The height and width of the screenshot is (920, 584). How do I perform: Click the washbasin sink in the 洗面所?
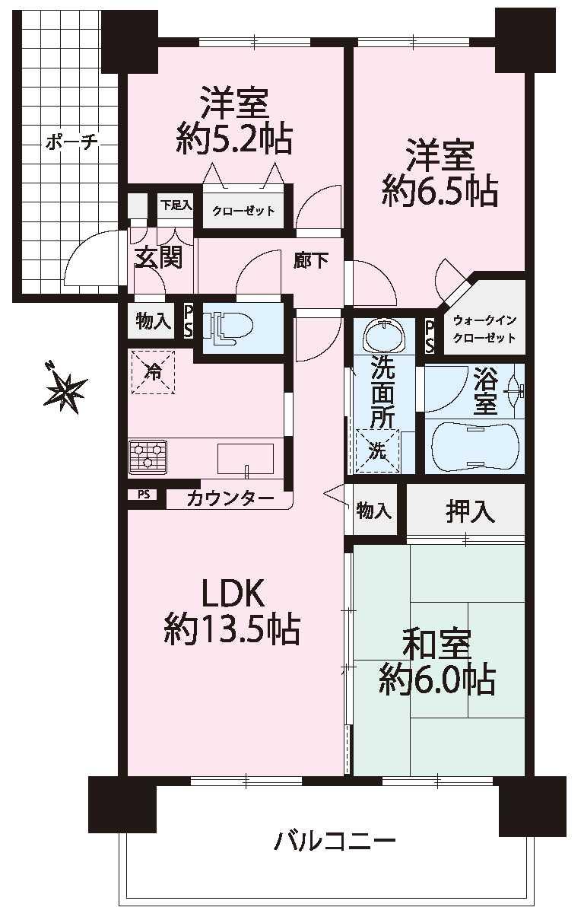pyautogui.click(x=384, y=335)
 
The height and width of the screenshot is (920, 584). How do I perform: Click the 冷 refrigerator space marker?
pyautogui.click(x=153, y=373)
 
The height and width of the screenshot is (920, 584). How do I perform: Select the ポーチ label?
pyautogui.click(x=70, y=142)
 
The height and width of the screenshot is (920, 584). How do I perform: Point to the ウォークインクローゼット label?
pyautogui.click(x=484, y=329)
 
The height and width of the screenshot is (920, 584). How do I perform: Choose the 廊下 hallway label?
pyautogui.click(x=311, y=261)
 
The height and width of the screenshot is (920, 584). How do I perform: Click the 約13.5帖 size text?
pyautogui.click(x=231, y=629)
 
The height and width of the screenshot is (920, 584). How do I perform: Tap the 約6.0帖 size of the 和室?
pyautogui.click(x=436, y=678)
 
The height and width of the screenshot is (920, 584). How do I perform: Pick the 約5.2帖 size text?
pyautogui.click(x=235, y=139)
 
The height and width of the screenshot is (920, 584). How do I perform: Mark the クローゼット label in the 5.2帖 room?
pyautogui.click(x=243, y=211)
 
